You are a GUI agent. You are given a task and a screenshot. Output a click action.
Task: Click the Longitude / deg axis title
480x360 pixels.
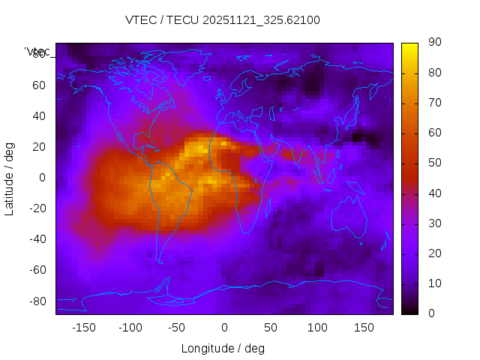223,348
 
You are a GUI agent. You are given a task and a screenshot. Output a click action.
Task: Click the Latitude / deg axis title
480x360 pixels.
10,178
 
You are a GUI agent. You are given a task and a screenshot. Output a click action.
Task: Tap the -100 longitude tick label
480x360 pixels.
130,328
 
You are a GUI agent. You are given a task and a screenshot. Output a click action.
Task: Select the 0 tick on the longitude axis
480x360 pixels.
223,328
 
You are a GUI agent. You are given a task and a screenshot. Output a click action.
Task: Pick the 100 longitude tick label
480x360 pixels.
317,328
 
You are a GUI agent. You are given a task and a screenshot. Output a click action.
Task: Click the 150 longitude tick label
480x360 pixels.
364,328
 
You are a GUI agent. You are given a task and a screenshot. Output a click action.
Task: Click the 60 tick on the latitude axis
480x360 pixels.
38,85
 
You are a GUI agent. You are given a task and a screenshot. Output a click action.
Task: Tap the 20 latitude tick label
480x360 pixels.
38,147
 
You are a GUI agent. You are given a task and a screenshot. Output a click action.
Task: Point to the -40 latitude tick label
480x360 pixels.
36,239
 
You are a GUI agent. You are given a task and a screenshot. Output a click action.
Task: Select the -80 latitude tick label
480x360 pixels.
36,301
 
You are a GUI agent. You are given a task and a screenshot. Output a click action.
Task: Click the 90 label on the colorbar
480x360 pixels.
434,43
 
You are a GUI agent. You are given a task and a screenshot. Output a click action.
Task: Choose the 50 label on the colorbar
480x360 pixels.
434,163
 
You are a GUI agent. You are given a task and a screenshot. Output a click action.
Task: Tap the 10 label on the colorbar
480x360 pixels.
434,283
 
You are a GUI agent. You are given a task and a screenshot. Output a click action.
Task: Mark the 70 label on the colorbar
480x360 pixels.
434,103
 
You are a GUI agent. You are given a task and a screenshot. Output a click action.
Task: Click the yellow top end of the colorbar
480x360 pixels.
409,46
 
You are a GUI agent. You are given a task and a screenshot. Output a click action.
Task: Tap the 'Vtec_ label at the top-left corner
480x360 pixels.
37,52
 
